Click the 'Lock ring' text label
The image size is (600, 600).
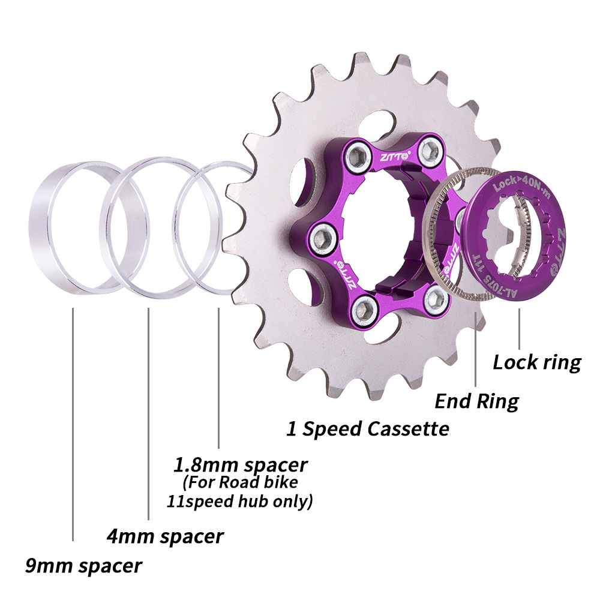[x=537, y=362]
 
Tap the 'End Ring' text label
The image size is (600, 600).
[x=476, y=401]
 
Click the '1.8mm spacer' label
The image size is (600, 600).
[x=240, y=464]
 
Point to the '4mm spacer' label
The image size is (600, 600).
[x=164, y=535]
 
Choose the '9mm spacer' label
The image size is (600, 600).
[x=83, y=565]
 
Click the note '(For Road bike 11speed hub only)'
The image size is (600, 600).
[x=239, y=491]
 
